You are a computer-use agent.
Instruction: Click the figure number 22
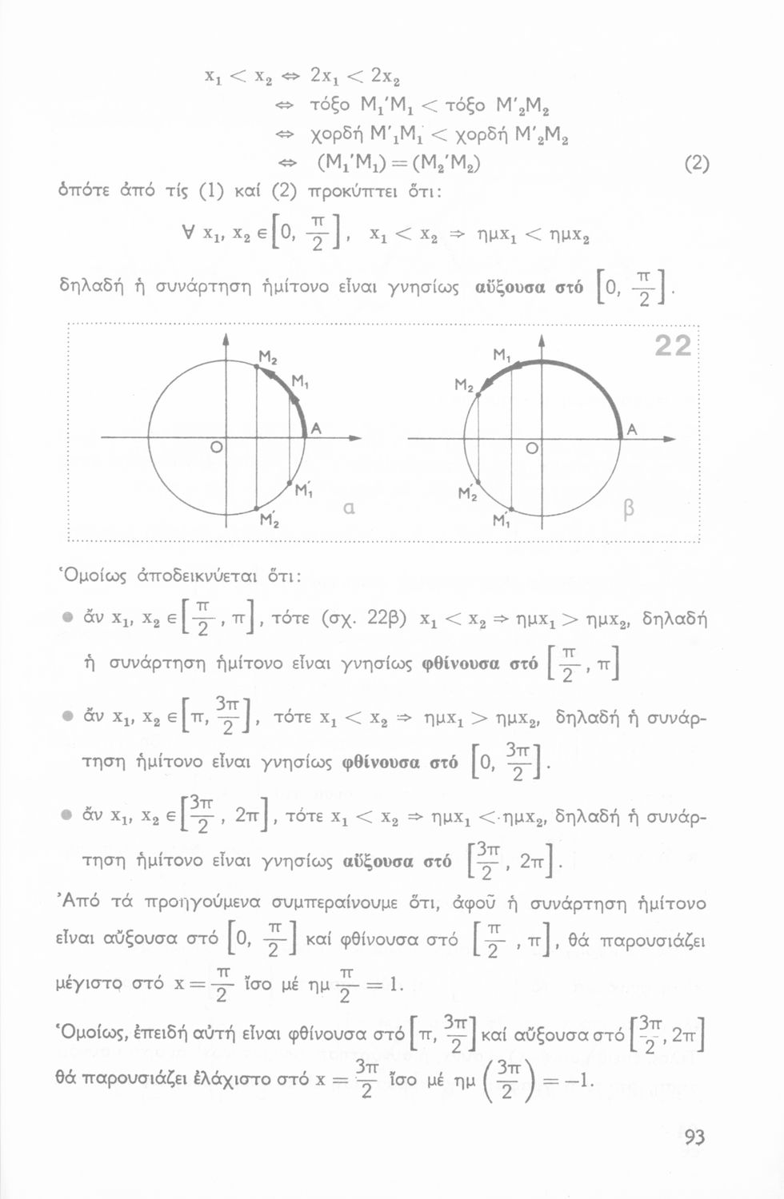point(672,345)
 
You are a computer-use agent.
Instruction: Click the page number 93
point(694,1137)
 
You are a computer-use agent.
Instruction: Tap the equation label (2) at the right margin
point(697,164)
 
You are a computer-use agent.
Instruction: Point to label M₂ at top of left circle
point(267,356)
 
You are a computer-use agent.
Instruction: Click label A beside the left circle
point(316,429)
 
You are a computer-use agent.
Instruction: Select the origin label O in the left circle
point(215,448)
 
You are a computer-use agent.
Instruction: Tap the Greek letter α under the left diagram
point(348,508)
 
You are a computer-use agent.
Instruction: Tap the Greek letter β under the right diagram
point(628,509)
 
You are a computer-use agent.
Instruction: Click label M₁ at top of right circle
point(502,354)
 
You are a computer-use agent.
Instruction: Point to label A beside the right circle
point(632,429)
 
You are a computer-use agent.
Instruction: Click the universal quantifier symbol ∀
point(189,235)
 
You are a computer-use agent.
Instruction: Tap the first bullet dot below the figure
point(68,619)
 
